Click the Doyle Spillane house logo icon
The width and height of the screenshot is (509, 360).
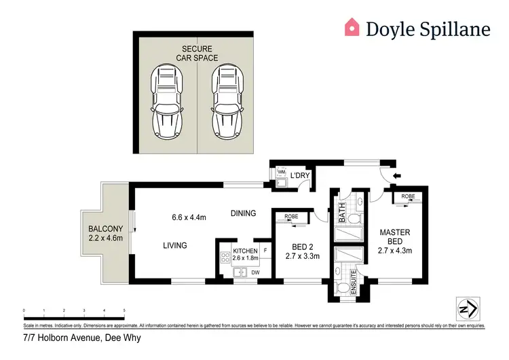tap(352, 27)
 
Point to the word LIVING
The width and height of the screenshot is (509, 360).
tap(174, 245)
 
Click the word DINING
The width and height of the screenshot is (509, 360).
tap(242, 213)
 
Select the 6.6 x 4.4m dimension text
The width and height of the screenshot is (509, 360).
tap(189, 217)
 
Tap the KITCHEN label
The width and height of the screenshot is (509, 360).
tap(245, 251)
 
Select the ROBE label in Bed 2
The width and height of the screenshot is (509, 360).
tap(291, 217)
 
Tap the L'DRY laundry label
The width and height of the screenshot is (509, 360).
tap(300, 176)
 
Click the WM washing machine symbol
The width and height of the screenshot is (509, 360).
tap(281, 173)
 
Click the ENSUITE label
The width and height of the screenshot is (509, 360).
tap(354, 281)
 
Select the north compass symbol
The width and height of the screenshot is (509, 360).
tap(466, 308)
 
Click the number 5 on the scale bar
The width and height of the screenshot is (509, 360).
tap(124, 310)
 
